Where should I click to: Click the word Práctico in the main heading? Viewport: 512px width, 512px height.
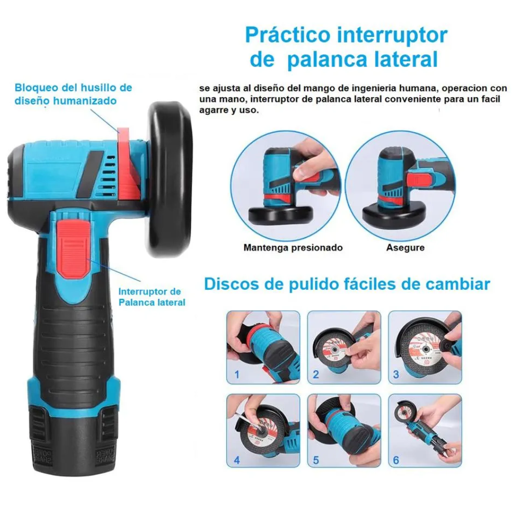coord(288,35)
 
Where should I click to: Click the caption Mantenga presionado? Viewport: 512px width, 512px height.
coord(293,247)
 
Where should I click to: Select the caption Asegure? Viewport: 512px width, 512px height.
coord(405,247)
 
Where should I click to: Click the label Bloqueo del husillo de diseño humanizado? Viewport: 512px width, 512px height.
coord(73,94)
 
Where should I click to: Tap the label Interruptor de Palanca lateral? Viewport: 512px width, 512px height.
coord(152,297)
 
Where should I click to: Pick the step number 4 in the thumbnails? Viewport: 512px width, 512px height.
coord(237,460)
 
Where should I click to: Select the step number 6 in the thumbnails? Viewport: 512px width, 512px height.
coord(396,460)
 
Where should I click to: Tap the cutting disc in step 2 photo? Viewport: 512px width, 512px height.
coord(333,350)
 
